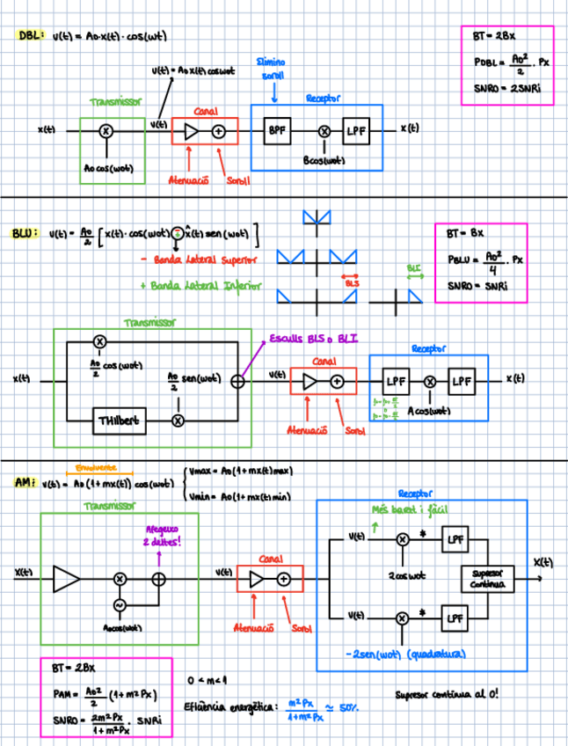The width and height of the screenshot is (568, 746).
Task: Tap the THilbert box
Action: (x=117, y=421)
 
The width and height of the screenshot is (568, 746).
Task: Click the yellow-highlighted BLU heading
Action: (x=25, y=234)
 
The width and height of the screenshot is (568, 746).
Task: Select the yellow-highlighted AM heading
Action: (x=22, y=482)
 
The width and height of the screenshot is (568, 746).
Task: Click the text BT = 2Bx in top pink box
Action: (x=492, y=38)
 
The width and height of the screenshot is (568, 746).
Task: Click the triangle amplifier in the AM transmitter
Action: (x=66, y=578)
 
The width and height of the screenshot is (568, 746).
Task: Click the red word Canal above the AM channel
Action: (x=269, y=559)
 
